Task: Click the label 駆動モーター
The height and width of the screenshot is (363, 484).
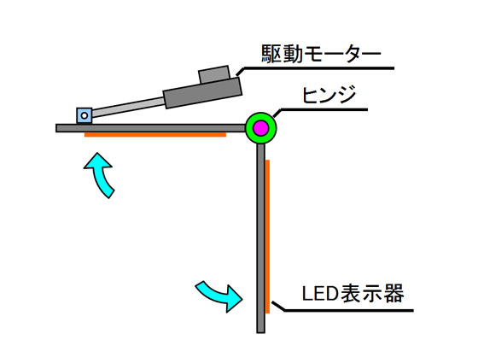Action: click(321, 54)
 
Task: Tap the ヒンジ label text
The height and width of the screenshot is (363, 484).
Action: click(329, 95)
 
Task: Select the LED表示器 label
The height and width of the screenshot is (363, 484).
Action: click(353, 293)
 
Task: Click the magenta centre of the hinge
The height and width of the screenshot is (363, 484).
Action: click(261, 128)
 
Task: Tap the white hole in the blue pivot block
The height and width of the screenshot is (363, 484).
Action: click(85, 116)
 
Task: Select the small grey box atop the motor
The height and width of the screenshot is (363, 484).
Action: click(214, 74)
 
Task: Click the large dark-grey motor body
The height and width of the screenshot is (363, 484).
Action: click(202, 94)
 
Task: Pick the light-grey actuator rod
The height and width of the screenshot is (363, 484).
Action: click(128, 108)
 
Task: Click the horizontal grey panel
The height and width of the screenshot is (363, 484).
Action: click(151, 128)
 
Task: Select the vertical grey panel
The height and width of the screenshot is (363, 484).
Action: click(261, 238)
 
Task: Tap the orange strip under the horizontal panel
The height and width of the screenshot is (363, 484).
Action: click(155, 135)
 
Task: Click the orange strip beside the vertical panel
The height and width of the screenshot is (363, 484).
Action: click(267, 237)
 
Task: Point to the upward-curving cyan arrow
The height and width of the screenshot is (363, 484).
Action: click(102, 174)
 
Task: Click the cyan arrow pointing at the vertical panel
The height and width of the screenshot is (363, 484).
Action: click(219, 296)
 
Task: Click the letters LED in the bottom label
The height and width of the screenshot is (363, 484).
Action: click(320, 294)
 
